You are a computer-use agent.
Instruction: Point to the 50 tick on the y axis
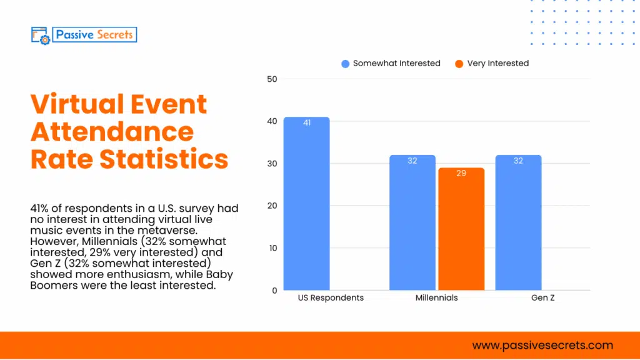[272, 79]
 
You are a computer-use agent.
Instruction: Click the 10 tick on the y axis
[272, 248]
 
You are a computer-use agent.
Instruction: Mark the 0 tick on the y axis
[274, 290]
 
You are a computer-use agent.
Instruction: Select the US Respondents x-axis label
[331, 298]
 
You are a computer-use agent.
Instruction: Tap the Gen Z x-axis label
[542, 298]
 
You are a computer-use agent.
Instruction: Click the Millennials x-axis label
[436, 298]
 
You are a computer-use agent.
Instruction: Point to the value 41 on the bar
[306, 123]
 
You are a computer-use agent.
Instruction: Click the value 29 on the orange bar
[461, 173]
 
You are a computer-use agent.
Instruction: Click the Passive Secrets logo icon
[40, 35]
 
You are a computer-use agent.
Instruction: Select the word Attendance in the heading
[112, 132]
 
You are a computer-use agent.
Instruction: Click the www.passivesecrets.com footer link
[542, 346]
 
